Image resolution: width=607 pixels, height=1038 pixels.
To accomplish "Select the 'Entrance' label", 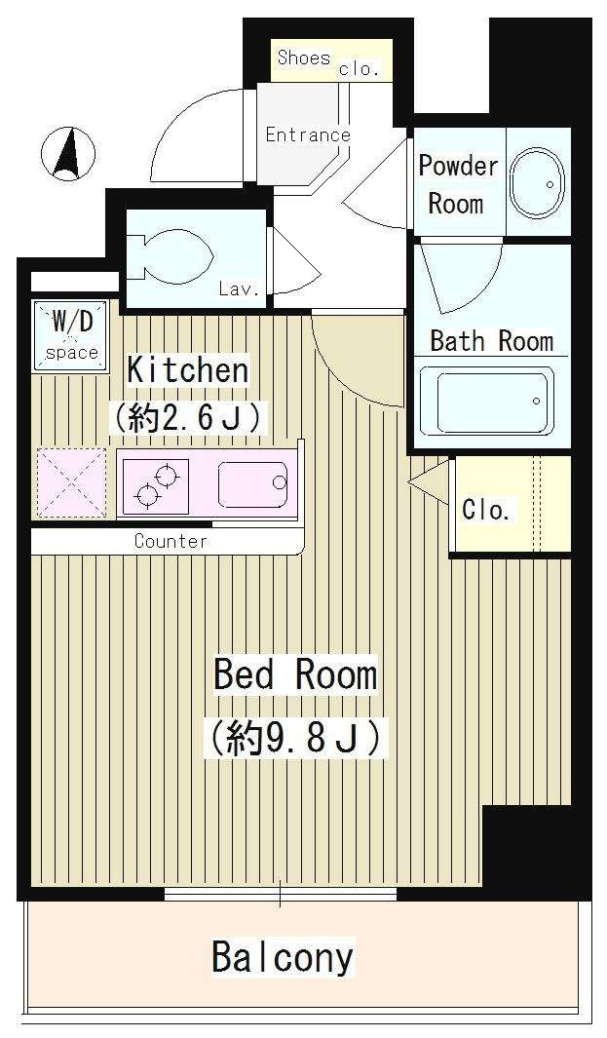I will [307, 135].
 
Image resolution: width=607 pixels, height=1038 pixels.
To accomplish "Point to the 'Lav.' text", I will [239, 288].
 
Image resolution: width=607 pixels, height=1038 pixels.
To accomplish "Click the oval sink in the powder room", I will [536, 183].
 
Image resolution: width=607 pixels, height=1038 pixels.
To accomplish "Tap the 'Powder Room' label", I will [457, 184].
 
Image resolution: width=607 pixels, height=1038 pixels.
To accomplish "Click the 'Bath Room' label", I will [491, 341].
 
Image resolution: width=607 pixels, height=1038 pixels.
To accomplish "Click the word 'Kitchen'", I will [188, 370].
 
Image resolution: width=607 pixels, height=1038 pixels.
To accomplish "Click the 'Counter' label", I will [171, 541].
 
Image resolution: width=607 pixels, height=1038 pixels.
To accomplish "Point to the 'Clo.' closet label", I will [485, 509].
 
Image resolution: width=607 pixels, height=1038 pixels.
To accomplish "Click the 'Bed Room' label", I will [294, 674].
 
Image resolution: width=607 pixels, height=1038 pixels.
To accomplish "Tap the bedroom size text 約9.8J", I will [294, 737].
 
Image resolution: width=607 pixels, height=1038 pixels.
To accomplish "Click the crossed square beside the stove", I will [71, 482].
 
